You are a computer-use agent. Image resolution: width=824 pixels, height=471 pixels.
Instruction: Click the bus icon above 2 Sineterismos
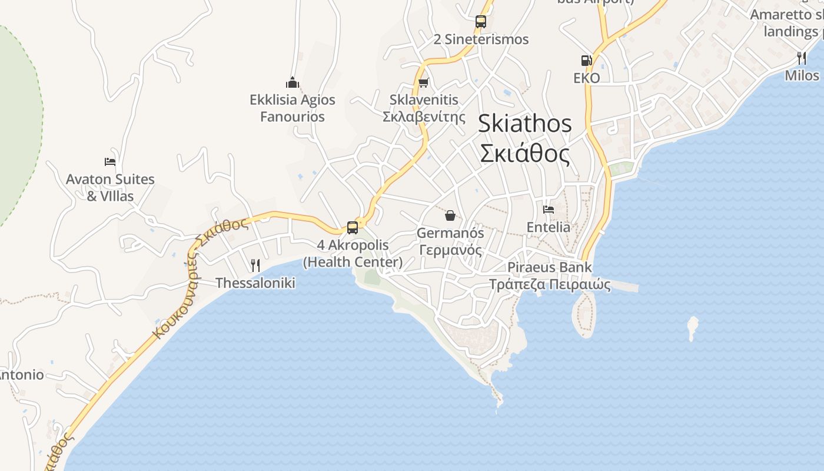coord(481,22)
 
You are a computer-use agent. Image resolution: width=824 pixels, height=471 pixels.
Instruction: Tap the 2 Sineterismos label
coord(481,39)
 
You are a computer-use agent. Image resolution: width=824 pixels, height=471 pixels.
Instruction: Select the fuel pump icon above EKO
coord(586,61)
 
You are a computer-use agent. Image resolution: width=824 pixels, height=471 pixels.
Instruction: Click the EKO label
coord(587,78)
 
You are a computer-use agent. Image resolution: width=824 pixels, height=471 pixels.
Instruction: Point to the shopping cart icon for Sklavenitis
coord(423,83)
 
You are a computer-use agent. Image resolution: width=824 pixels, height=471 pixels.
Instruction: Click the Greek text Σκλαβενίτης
coord(424,116)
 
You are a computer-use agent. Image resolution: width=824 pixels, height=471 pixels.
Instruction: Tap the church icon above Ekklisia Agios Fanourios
coord(293,82)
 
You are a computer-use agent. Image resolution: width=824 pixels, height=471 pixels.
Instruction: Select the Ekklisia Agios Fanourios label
coord(293,108)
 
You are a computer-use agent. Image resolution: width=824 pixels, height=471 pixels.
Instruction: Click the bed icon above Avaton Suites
coord(110,162)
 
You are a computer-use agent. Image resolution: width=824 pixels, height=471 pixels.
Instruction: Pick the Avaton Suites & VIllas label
coord(110,187)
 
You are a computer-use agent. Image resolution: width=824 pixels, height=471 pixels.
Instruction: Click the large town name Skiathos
coord(524,124)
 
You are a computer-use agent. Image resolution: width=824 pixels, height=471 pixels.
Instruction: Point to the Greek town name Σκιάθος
coord(524,154)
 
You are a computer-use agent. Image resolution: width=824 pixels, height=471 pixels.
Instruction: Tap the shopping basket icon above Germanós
coord(450,215)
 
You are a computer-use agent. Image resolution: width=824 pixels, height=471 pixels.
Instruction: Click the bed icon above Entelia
coord(549,210)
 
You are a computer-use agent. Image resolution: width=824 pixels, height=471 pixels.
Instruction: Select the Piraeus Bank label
coord(549,267)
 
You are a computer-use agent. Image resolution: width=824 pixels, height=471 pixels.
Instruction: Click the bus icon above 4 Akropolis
coord(353,227)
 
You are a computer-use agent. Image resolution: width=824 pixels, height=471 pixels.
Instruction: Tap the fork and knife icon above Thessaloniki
coord(255,266)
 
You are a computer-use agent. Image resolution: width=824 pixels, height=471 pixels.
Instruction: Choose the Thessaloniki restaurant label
coord(255,283)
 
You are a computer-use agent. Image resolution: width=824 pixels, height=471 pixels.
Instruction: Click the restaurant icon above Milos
coord(802,58)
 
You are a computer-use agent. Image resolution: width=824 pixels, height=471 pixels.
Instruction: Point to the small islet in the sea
coord(693,328)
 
